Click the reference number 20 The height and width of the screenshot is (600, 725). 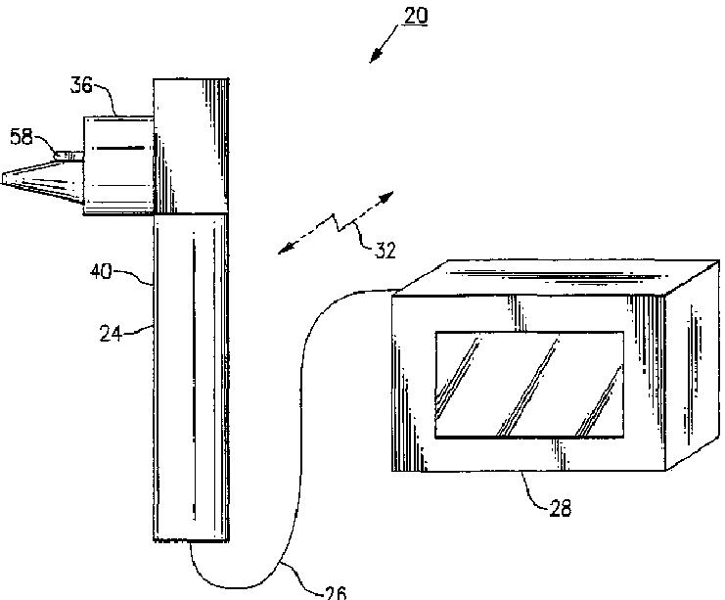pyautogui.click(x=415, y=16)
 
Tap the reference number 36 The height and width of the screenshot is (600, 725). pyautogui.click(x=81, y=86)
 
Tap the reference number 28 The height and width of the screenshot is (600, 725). pyautogui.click(x=561, y=508)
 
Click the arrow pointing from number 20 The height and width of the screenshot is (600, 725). pyautogui.click(x=385, y=44)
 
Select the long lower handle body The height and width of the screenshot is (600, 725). pyautogui.click(x=191, y=377)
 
